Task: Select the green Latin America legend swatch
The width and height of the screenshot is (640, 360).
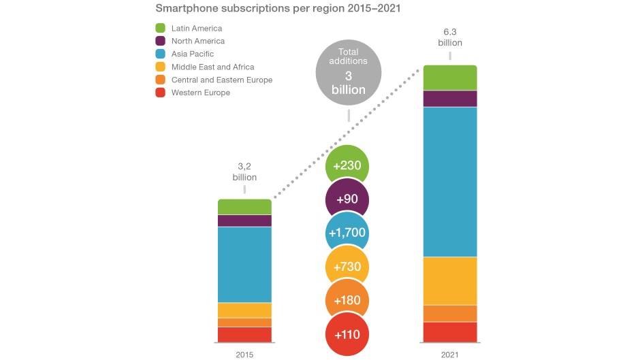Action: [x=161, y=29]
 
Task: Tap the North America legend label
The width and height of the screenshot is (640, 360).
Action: [x=197, y=42]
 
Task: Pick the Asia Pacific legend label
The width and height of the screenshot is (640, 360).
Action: [x=193, y=54]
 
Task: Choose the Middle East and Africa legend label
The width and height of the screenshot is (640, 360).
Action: [x=212, y=67]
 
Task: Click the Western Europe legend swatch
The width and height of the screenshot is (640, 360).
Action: [x=161, y=93]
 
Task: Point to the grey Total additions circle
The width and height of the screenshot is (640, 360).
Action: [x=348, y=70]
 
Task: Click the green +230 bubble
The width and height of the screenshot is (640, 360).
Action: [x=347, y=167]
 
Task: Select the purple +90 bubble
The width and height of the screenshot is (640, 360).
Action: [x=347, y=199]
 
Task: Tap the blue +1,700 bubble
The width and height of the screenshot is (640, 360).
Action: [x=347, y=233]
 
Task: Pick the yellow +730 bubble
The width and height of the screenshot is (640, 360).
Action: [x=347, y=267]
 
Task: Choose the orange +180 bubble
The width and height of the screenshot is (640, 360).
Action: [x=347, y=301]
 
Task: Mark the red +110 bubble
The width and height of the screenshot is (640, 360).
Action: [x=347, y=334]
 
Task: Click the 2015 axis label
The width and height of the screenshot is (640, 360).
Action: [x=244, y=354]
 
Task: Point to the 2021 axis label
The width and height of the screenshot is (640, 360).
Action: [x=450, y=354]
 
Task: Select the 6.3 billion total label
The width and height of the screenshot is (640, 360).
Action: [x=450, y=37]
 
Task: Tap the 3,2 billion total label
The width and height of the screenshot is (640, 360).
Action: [x=244, y=171]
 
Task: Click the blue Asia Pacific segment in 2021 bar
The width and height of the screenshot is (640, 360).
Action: [x=450, y=182]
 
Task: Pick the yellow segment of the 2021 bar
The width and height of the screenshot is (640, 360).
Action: [x=450, y=280]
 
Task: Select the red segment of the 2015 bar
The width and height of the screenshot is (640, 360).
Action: [x=244, y=335]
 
